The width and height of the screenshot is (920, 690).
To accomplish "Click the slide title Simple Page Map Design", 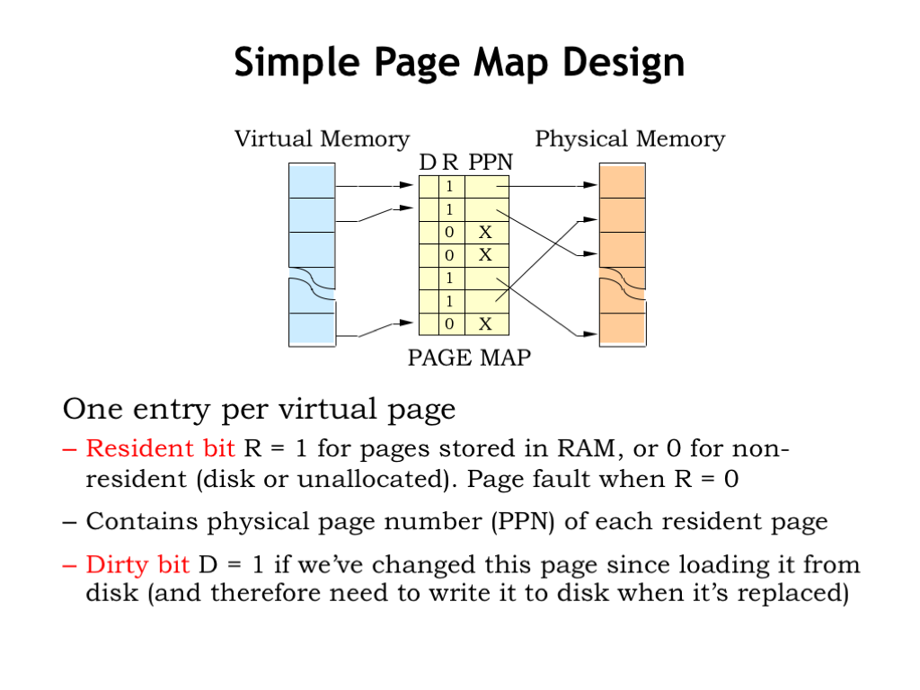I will pyautogui.click(x=459, y=64).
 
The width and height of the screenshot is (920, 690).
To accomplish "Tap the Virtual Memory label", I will pyautogui.click(x=322, y=139).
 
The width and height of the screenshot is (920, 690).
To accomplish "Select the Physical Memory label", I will pyautogui.click(x=629, y=139).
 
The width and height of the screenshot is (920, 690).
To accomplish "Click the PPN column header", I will pyautogui.click(x=491, y=163).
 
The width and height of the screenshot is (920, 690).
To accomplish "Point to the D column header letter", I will pyautogui.click(x=428, y=163).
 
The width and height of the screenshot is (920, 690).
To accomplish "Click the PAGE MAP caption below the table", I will pyautogui.click(x=469, y=358).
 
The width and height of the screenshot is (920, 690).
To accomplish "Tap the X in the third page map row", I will pyautogui.click(x=485, y=233).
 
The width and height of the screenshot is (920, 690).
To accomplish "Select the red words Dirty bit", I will pyautogui.click(x=137, y=565).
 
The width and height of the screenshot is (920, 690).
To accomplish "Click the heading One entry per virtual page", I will pyautogui.click(x=259, y=410).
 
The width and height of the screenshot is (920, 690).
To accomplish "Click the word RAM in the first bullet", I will pyautogui.click(x=584, y=448).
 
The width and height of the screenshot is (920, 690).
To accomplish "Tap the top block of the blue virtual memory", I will pyautogui.click(x=311, y=181).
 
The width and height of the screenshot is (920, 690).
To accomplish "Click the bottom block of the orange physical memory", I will pyautogui.click(x=622, y=328).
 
